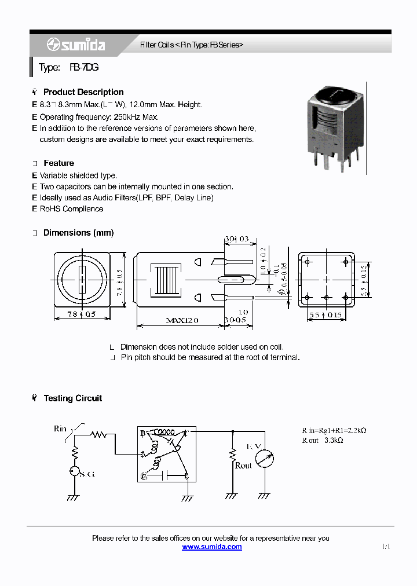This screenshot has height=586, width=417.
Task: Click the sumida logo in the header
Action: point(76,45)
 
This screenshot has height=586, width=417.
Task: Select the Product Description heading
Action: point(83,92)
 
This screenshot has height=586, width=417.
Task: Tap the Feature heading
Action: point(58,163)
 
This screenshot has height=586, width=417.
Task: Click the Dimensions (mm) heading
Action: point(78,233)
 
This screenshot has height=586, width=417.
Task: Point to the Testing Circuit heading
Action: point(72,398)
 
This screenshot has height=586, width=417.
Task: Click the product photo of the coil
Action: point(334,128)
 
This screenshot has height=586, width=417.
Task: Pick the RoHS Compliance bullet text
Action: point(71,209)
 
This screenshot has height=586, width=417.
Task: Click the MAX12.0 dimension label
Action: point(182,320)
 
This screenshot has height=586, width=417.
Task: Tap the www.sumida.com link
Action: point(212,547)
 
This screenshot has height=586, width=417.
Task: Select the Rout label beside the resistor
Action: point(243,466)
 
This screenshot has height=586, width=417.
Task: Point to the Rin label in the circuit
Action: point(60,428)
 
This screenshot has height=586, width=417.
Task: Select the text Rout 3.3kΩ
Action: point(323,440)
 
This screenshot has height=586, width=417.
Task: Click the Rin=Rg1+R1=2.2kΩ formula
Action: point(334,430)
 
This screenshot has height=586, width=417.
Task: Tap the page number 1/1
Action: point(386,546)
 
